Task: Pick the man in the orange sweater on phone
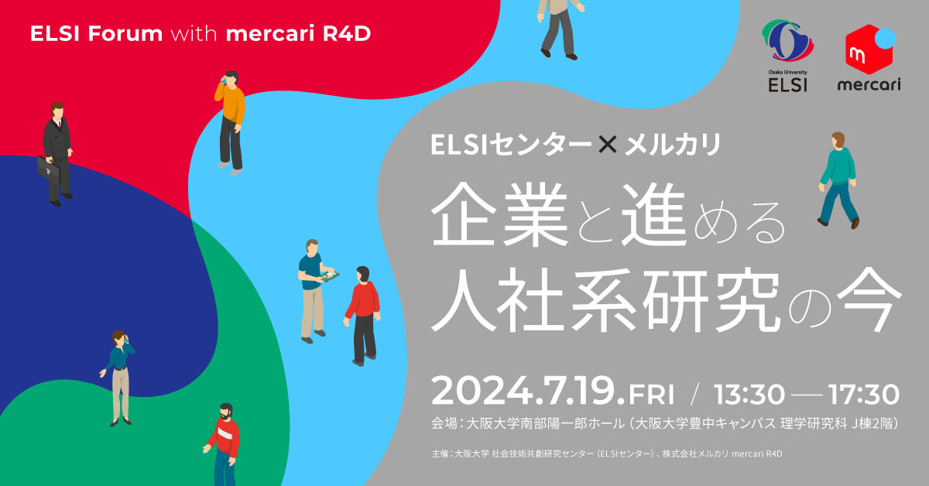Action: pos(230,120)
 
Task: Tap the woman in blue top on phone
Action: pos(118,375)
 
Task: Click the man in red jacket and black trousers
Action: pos(362,313)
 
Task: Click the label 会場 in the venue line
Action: pos(444,425)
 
